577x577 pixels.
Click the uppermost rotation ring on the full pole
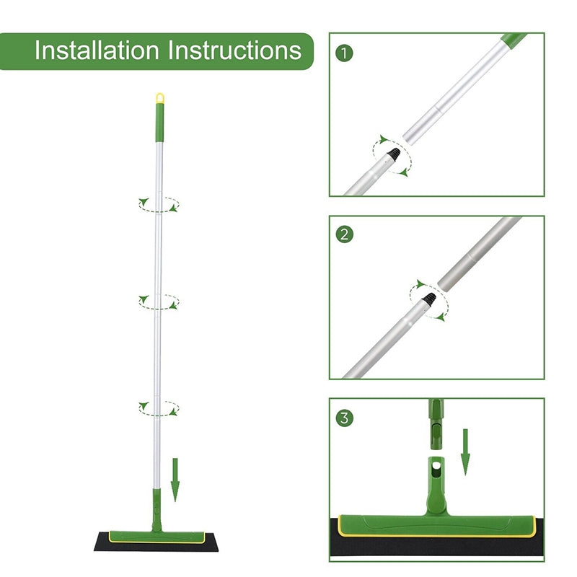pos(159,205)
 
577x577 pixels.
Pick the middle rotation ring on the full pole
pos(159,301)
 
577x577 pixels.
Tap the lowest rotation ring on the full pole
pos(159,408)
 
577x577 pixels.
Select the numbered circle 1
pos(345,52)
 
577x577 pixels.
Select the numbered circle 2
pos(345,234)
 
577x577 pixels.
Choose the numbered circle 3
pos(345,417)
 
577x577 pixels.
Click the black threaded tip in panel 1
pos(394,153)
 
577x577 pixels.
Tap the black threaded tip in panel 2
pos(429,297)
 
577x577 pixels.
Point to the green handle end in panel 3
pos(437,419)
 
